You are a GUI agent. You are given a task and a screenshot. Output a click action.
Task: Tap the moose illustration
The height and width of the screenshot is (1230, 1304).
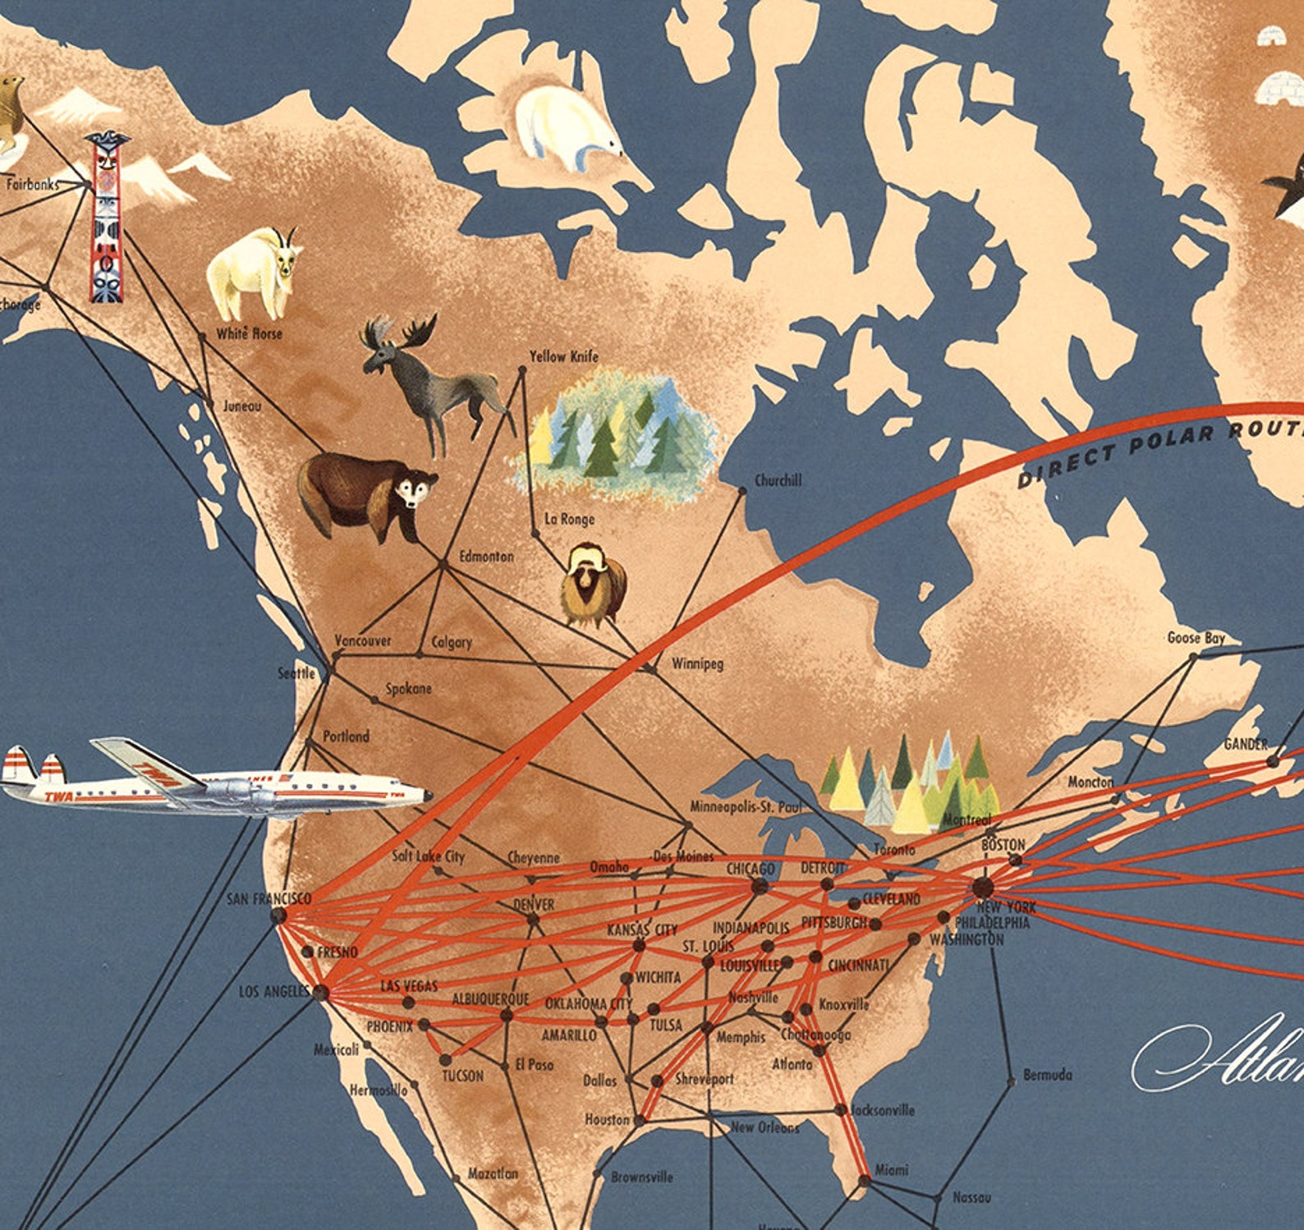[427, 378]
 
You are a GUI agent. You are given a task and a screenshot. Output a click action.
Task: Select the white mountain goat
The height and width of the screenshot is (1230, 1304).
[253, 274]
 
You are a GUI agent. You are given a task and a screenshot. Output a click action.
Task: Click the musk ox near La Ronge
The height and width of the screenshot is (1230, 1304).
[593, 585]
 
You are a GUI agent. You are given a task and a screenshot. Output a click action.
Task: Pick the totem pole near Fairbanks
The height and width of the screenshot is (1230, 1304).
[108, 218]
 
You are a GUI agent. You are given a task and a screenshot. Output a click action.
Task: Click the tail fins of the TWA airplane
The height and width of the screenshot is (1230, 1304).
[33, 772]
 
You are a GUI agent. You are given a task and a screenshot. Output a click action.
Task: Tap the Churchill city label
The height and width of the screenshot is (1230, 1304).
[778, 480]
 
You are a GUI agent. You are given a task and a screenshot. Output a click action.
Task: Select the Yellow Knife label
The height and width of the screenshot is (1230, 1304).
[563, 356]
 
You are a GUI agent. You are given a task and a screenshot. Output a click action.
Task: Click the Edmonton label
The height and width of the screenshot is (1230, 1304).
[486, 557]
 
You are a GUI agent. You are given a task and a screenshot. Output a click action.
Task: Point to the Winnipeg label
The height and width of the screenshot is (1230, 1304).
[697, 663]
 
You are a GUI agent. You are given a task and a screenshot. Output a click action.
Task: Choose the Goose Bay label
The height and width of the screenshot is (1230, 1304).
[1196, 638]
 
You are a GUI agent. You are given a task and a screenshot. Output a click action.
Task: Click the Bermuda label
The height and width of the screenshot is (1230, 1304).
[1047, 1075]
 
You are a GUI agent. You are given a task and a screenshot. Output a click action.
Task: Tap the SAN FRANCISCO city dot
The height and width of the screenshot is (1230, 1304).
[278, 916]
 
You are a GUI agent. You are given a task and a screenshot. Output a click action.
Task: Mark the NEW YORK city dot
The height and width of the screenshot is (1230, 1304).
[983, 888]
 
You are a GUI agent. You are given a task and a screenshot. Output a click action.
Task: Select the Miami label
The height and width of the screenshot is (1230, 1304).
[891, 1169]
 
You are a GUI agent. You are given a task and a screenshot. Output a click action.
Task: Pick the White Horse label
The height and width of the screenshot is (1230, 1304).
[249, 333]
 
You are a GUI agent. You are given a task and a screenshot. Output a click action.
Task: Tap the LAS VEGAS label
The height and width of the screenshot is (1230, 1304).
[409, 986]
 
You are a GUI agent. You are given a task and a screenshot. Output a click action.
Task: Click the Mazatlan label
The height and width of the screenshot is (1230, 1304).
[493, 1174]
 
